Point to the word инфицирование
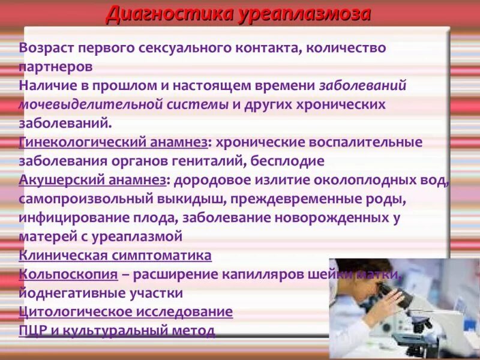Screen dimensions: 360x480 click(x=67, y=217)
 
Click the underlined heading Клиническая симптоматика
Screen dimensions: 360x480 click(x=115, y=255)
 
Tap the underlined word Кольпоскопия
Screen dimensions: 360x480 click(x=68, y=274)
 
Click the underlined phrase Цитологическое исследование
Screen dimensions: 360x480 click(x=126, y=312)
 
